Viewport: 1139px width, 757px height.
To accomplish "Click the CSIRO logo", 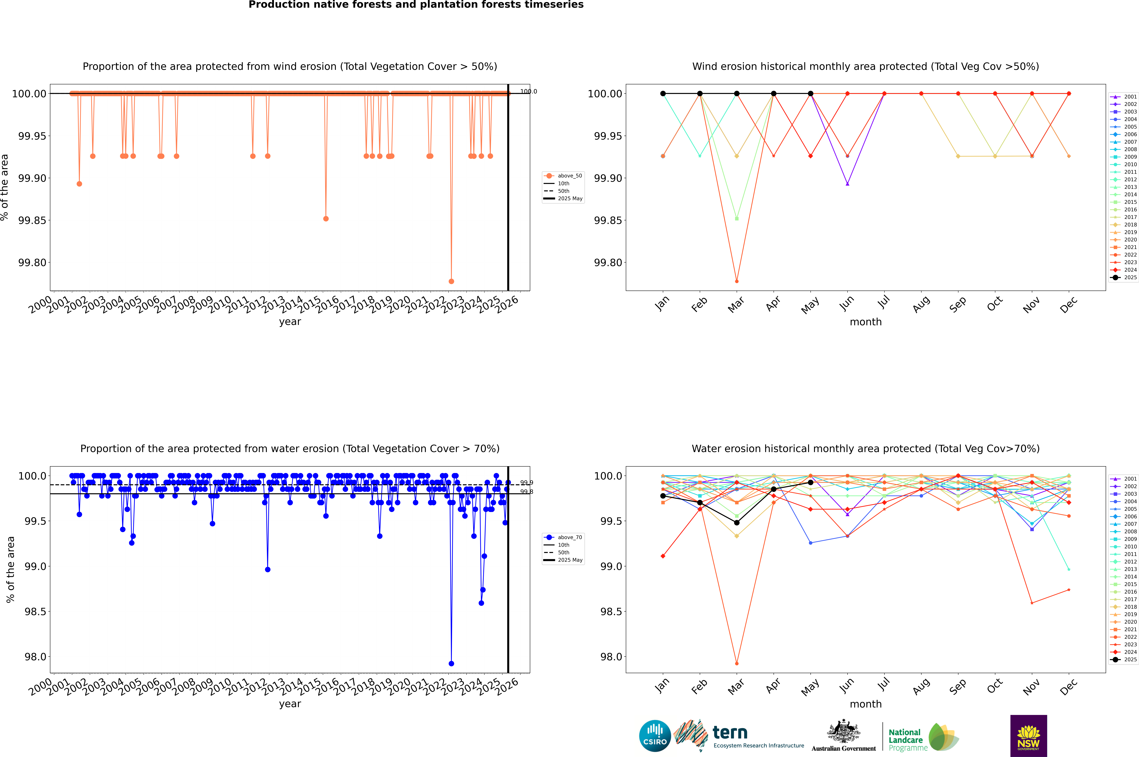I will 655,736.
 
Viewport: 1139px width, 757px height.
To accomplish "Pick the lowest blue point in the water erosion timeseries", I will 451,663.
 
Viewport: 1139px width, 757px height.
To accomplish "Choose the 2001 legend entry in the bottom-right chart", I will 1125,479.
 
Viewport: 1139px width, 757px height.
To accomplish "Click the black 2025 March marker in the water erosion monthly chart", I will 737,523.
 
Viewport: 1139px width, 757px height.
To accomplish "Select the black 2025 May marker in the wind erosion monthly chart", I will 811,94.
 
